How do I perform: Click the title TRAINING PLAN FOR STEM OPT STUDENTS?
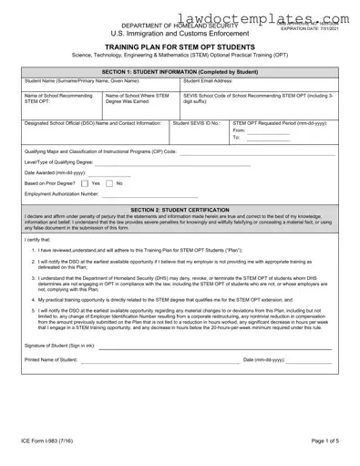pos(180,43)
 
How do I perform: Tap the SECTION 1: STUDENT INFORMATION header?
pos(180,71)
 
